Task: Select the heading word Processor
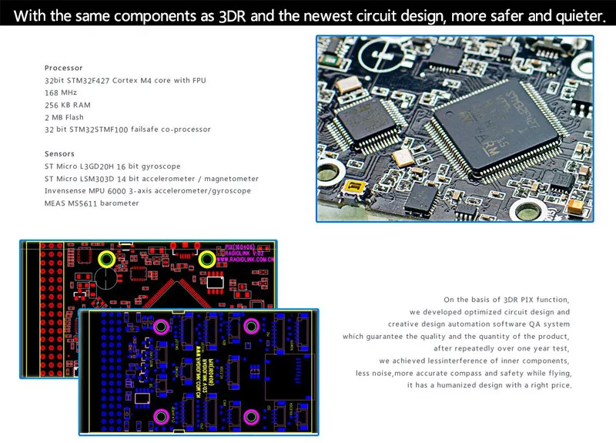(63, 68)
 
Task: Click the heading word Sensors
(59, 154)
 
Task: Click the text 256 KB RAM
(68, 105)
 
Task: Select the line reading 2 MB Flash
(65, 117)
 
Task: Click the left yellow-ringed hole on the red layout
(106, 260)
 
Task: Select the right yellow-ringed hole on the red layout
(207, 260)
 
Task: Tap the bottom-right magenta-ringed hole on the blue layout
(249, 416)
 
